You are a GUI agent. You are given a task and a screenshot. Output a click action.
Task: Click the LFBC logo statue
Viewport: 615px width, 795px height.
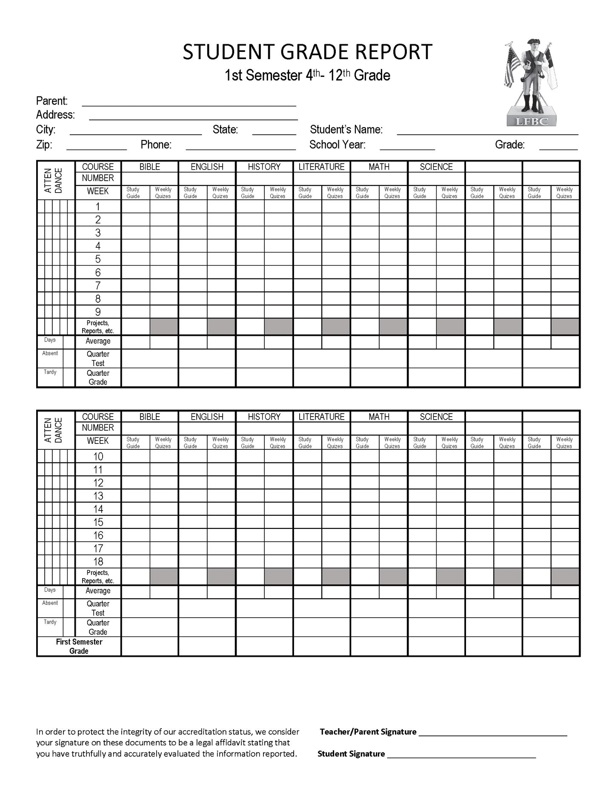(x=531, y=83)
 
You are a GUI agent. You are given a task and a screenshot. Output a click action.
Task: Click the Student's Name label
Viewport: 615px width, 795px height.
(x=346, y=129)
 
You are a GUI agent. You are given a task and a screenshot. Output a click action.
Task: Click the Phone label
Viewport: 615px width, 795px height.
(x=156, y=145)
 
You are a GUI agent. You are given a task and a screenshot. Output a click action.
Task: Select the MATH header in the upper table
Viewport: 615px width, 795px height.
(x=379, y=167)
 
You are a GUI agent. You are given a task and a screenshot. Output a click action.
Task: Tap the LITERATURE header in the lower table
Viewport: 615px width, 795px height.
(x=321, y=417)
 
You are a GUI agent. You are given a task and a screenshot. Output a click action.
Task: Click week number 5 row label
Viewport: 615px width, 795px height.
(x=98, y=259)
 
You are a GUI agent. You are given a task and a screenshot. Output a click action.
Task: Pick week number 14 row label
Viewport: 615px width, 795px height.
(x=98, y=509)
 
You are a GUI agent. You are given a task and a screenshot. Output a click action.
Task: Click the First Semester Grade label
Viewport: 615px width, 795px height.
(x=79, y=646)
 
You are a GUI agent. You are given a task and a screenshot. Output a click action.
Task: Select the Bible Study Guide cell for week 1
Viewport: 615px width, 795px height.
(x=135, y=207)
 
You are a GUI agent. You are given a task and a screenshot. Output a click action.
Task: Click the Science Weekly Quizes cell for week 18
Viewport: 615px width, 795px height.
(x=450, y=562)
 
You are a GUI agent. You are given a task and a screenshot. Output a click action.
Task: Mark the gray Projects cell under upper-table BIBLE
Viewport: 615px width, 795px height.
(x=164, y=327)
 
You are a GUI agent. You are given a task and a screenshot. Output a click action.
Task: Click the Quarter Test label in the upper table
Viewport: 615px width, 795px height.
(x=98, y=358)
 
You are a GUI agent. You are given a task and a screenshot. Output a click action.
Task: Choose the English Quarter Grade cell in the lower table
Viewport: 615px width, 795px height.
(x=207, y=627)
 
